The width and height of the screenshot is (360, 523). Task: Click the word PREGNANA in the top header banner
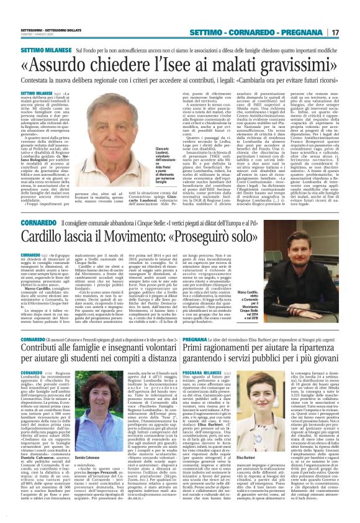pos(304,32)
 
